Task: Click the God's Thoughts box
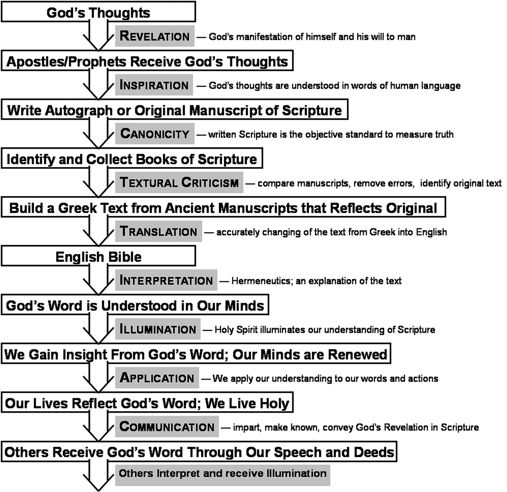pyautogui.click(x=98, y=12)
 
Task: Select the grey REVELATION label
pyautogui.click(x=155, y=36)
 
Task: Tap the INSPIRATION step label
pyautogui.click(x=154, y=85)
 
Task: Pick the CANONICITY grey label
pyautogui.click(x=155, y=133)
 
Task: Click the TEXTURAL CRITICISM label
pyautogui.click(x=179, y=182)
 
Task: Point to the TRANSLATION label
pyautogui.click(x=158, y=231)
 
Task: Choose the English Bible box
pyautogui.click(x=98, y=256)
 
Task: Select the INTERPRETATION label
pyautogui.click(x=166, y=280)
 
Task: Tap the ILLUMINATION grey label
pyautogui.click(x=158, y=329)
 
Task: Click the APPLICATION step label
pyautogui.click(x=157, y=378)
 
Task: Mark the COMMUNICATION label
pyautogui.click(x=167, y=426)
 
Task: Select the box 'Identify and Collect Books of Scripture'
pyautogui.click(x=132, y=158)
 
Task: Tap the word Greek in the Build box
pyautogui.click(x=77, y=208)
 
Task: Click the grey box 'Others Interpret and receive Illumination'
pyautogui.click(x=222, y=475)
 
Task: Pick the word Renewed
pyautogui.click(x=357, y=354)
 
